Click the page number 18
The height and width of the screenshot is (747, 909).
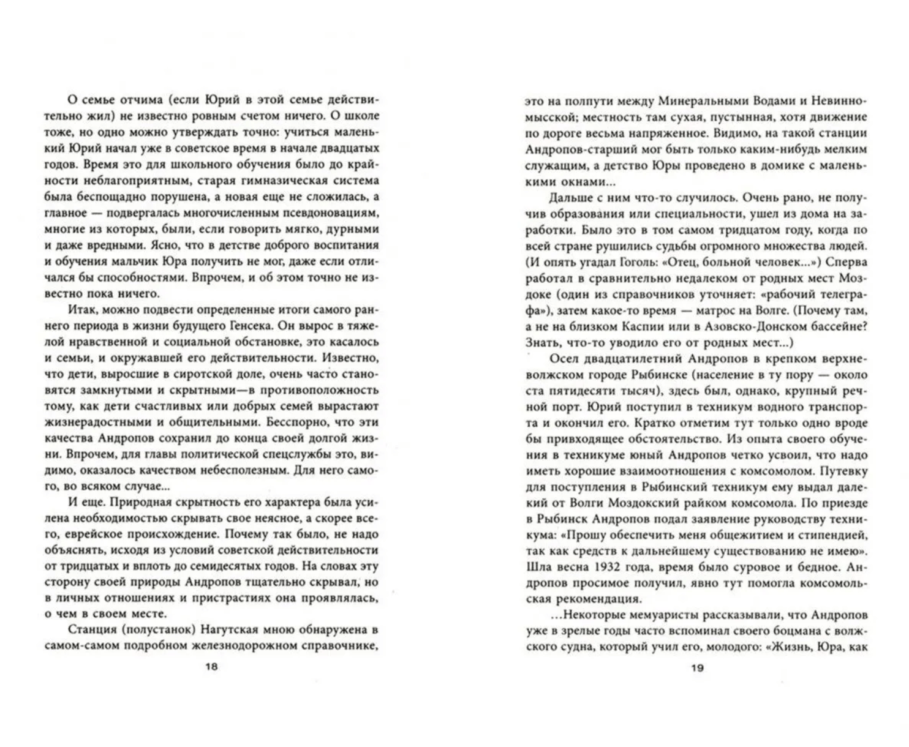click(x=211, y=667)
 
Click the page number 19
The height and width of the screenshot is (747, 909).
click(x=698, y=668)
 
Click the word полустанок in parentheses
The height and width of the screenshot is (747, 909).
click(x=147, y=629)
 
